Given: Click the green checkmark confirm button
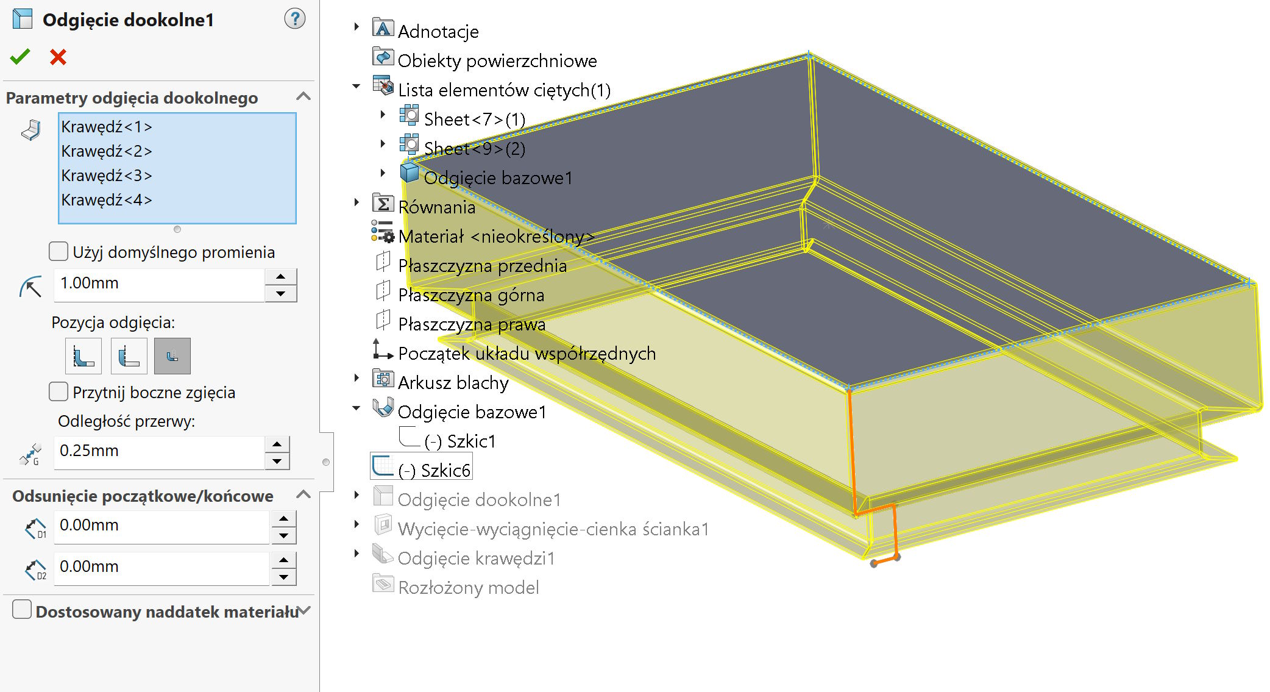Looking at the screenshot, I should point(20,57).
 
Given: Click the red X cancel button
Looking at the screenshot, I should point(58,57).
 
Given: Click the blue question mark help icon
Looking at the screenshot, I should point(295,19).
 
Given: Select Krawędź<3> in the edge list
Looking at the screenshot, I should point(107,176).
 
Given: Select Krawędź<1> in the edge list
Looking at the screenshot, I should point(107,127).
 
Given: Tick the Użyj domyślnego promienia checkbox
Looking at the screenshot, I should point(59,251).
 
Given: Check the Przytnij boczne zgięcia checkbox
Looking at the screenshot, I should point(59,391).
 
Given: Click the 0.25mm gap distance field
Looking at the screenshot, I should point(158,451).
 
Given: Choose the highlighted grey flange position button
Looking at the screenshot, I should point(172,356).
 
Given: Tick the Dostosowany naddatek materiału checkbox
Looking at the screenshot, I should point(22,610).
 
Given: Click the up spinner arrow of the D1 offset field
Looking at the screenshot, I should point(283,519).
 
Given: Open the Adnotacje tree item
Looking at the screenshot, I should point(438,31).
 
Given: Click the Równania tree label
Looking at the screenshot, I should point(436,207).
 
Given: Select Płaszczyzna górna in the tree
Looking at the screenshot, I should point(470,295).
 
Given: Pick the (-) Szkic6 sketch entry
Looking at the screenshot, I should point(433,470).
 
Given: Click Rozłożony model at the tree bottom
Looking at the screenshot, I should point(468,587).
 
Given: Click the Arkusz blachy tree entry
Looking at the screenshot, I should point(453,382).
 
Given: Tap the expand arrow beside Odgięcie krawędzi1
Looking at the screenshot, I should point(357,553).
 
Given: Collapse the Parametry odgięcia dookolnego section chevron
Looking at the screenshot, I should point(303,97).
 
